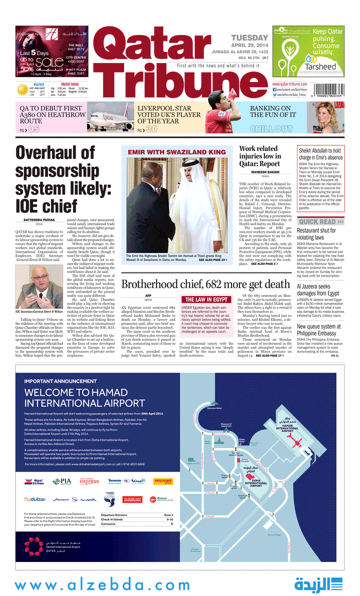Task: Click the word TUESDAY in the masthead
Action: (249, 38)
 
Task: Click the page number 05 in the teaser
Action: (33, 129)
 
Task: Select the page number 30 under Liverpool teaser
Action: (152, 129)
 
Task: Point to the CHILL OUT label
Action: (271, 129)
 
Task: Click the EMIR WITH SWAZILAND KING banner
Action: (176, 152)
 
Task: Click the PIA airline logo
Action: (62, 482)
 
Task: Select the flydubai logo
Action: (35, 499)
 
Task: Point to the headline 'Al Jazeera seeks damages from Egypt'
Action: (320, 290)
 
